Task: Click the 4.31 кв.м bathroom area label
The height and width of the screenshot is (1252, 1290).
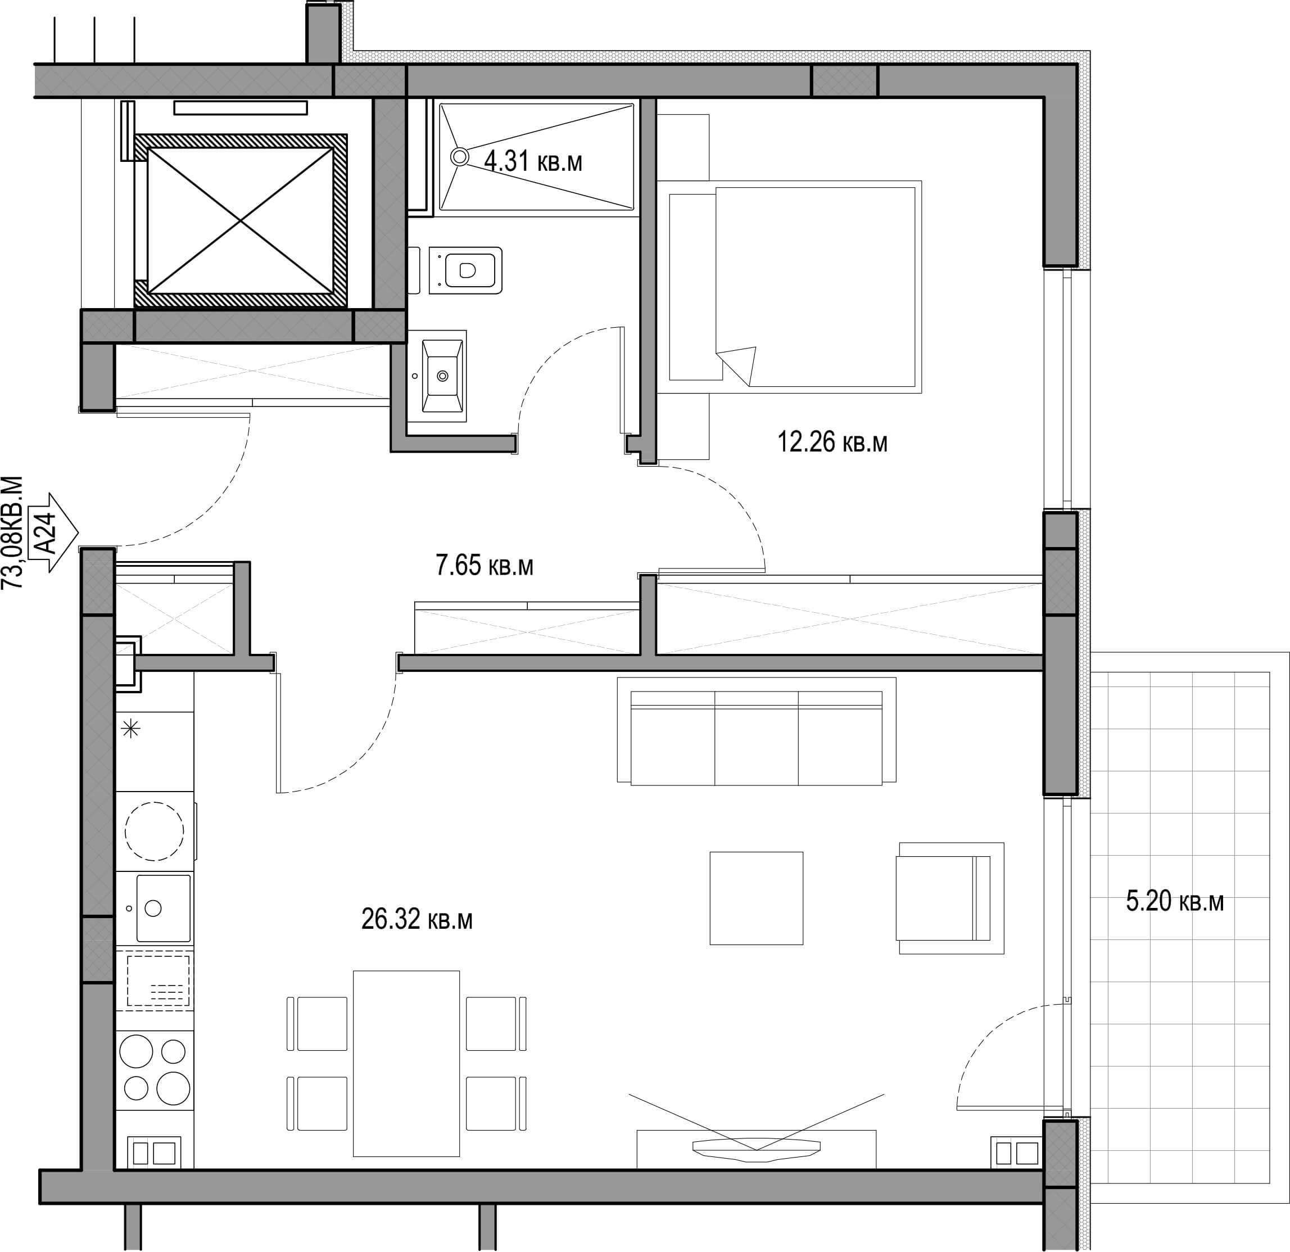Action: click(x=533, y=161)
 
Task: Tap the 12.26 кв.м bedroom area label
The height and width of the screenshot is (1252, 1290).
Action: click(x=832, y=442)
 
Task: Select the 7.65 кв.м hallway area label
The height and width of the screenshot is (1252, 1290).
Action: click(x=485, y=566)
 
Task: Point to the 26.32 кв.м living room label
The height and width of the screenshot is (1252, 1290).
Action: click(x=417, y=919)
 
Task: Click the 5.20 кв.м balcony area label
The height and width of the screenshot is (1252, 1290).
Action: click(x=1175, y=901)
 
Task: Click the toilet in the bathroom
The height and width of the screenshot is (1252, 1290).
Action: click(x=465, y=270)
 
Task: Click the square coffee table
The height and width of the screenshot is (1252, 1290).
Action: click(x=756, y=898)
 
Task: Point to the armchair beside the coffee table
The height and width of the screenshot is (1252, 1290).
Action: click(x=952, y=898)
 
